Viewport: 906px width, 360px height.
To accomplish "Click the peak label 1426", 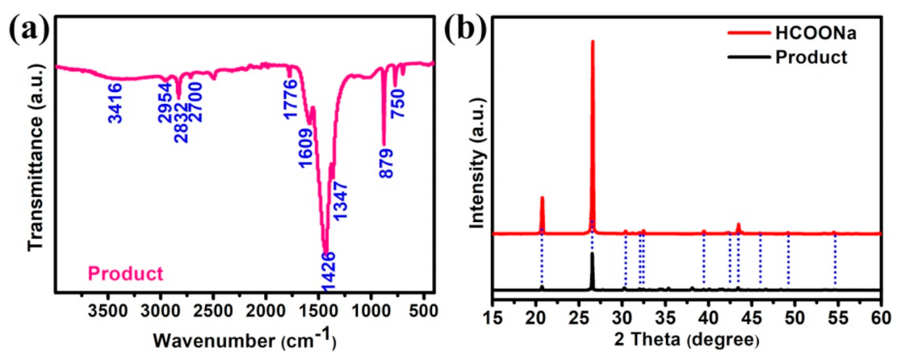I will pos(329,271).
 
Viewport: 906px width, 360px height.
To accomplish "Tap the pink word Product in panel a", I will pos(125,274).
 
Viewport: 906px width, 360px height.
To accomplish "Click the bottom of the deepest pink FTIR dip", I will pos(325,253).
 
